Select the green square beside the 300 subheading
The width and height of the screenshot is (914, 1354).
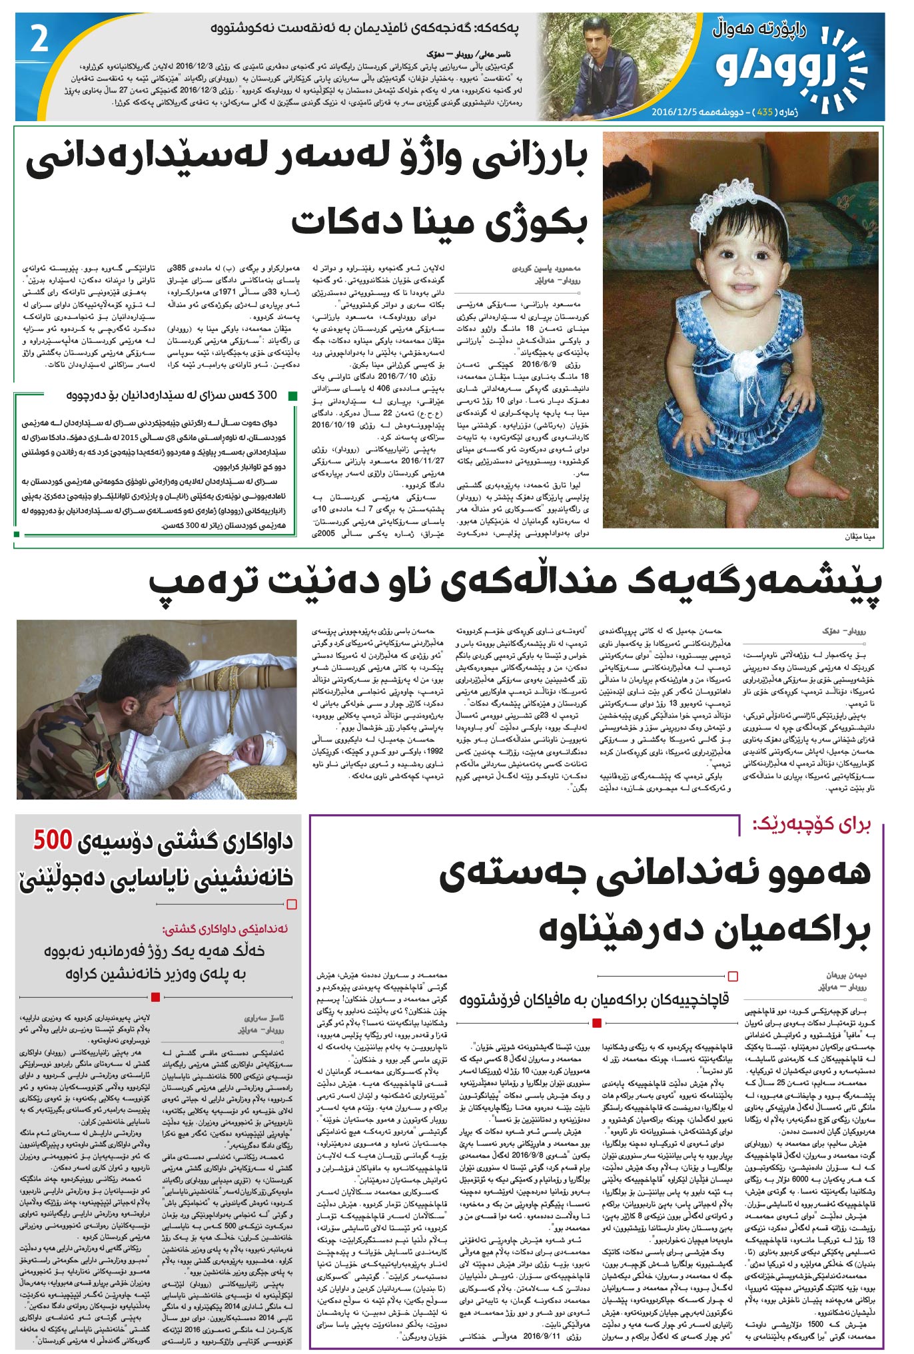292,396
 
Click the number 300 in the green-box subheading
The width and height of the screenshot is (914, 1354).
266,395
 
